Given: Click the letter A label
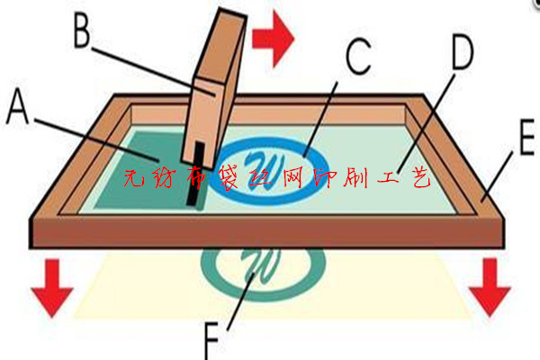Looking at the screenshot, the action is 17,106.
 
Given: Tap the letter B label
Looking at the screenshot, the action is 82,31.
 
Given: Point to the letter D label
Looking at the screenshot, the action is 463,51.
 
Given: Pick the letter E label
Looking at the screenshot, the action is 526,137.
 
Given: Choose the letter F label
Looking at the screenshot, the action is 211,341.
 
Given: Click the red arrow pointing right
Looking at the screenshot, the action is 273,38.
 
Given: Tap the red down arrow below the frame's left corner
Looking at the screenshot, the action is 52,288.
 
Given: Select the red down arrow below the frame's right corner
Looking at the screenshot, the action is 490,287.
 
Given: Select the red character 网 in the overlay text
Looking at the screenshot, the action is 293,177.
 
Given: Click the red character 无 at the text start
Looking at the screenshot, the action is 133,178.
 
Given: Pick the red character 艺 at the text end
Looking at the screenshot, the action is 421,177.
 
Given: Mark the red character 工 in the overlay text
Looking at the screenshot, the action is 389,178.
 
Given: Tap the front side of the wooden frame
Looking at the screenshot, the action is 267,233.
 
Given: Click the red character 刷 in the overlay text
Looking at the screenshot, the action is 357,177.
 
